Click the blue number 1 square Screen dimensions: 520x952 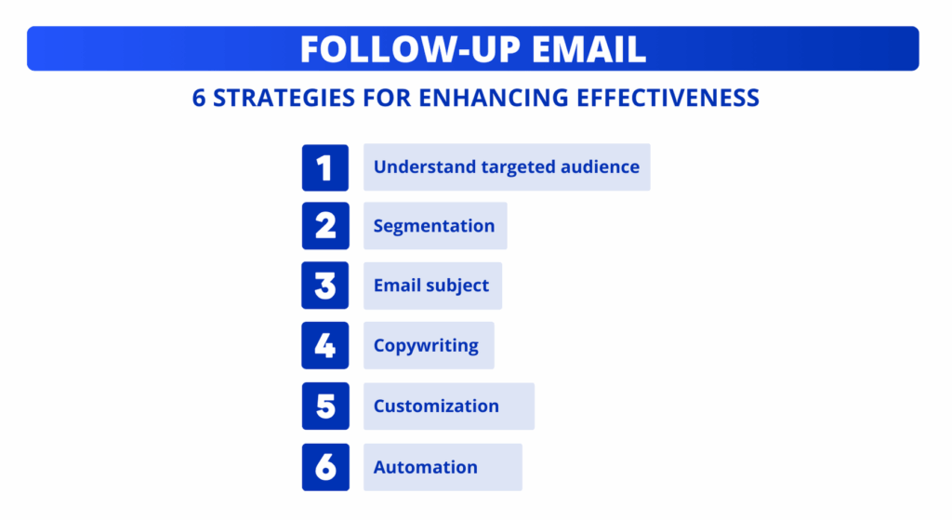tap(325, 168)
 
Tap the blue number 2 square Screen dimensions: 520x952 tap(325, 226)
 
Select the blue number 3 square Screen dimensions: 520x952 tap(325, 286)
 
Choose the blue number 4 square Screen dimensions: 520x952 tap(325, 345)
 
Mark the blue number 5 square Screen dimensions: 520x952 tap(325, 406)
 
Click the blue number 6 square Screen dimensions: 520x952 tap(325, 467)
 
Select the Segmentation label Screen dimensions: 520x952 tap(434, 226)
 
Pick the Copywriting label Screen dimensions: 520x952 tap(426, 346)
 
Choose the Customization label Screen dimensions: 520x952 tap(436, 407)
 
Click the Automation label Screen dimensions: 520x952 tap(426, 467)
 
